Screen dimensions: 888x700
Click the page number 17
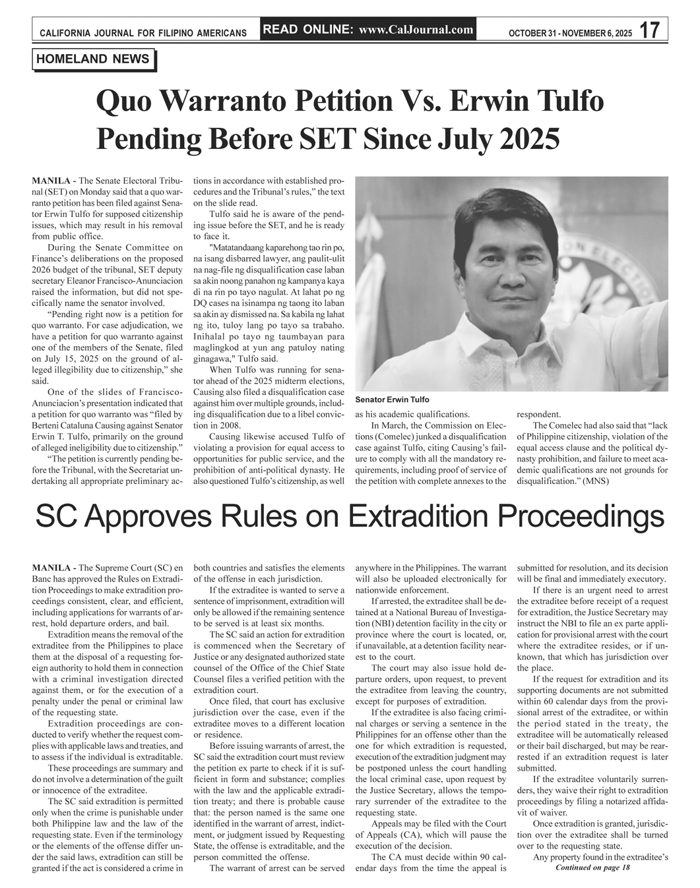click(x=650, y=30)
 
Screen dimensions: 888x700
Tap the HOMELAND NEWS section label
click(x=93, y=59)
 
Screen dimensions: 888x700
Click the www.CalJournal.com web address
click(x=416, y=30)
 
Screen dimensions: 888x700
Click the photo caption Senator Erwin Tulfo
click(x=392, y=400)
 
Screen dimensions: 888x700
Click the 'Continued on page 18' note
click(x=593, y=868)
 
